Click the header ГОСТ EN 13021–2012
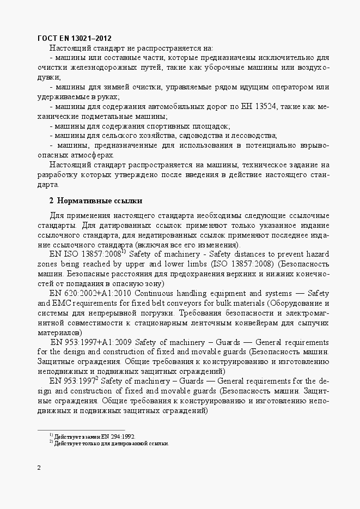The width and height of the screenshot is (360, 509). pos(75,38)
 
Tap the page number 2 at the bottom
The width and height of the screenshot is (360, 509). pos(39,468)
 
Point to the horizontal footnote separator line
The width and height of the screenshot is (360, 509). pos(81,429)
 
